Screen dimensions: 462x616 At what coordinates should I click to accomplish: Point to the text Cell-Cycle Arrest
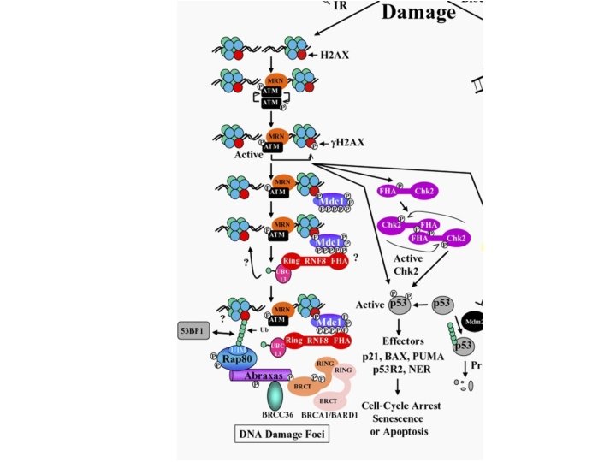click(x=401, y=406)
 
